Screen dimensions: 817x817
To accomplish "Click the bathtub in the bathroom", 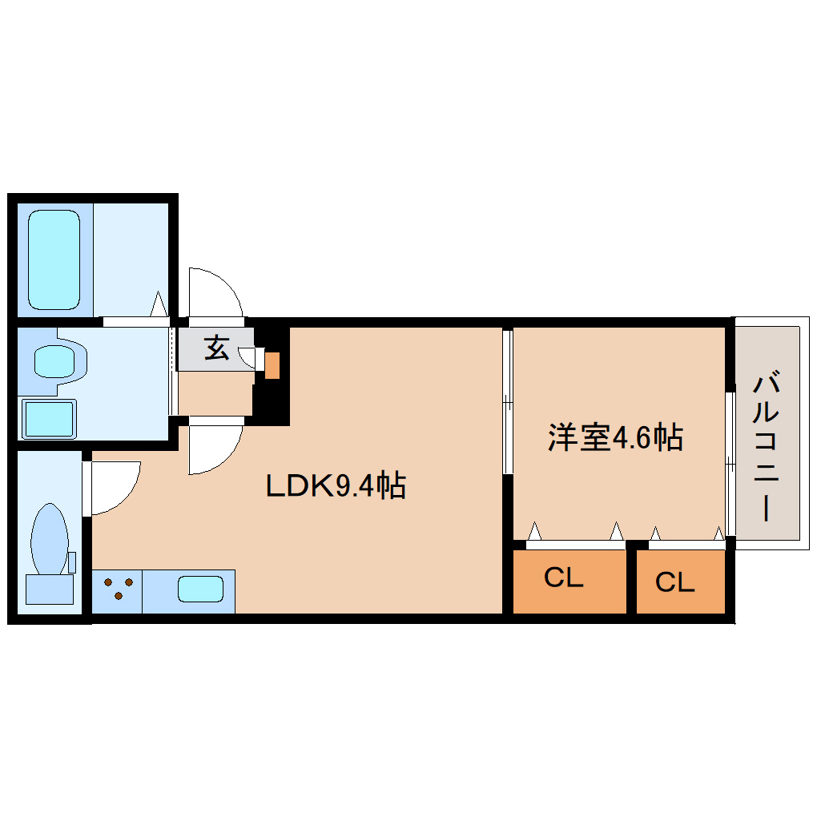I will pyautogui.click(x=54, y=259).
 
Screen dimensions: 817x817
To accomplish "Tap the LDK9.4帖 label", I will pyautogui.click(x=336, y=485).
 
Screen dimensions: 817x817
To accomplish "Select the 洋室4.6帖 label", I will pyautogui.click(x=615, y=437).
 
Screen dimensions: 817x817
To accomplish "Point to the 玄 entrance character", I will pyautogui.click(x=216, y=349).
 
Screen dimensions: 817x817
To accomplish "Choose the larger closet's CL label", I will pyautogui.click(x=563, y=578).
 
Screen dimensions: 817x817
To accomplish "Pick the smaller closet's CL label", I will pyautogui.click(x=674, y=582).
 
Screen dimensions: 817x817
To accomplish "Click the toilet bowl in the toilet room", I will pyautogui.click(x=49, y=537).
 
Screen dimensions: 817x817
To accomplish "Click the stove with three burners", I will pyautogui.click(x=118, y=591).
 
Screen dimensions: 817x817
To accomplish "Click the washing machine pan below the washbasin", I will pyautogui.click(x=49, y=419).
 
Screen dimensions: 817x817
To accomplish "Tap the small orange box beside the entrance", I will pyautogui.click(x=272, y=365).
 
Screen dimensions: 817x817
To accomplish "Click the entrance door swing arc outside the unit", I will pyautogui.click(x=215, y=292).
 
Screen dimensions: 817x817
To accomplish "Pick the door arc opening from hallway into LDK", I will pyautogui.click(x=214, y=449).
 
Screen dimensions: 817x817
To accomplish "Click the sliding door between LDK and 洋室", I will pyautogui.click(x=507, y=400).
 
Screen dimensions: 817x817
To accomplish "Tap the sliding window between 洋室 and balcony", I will pyautogui.click(x=730, y=463).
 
